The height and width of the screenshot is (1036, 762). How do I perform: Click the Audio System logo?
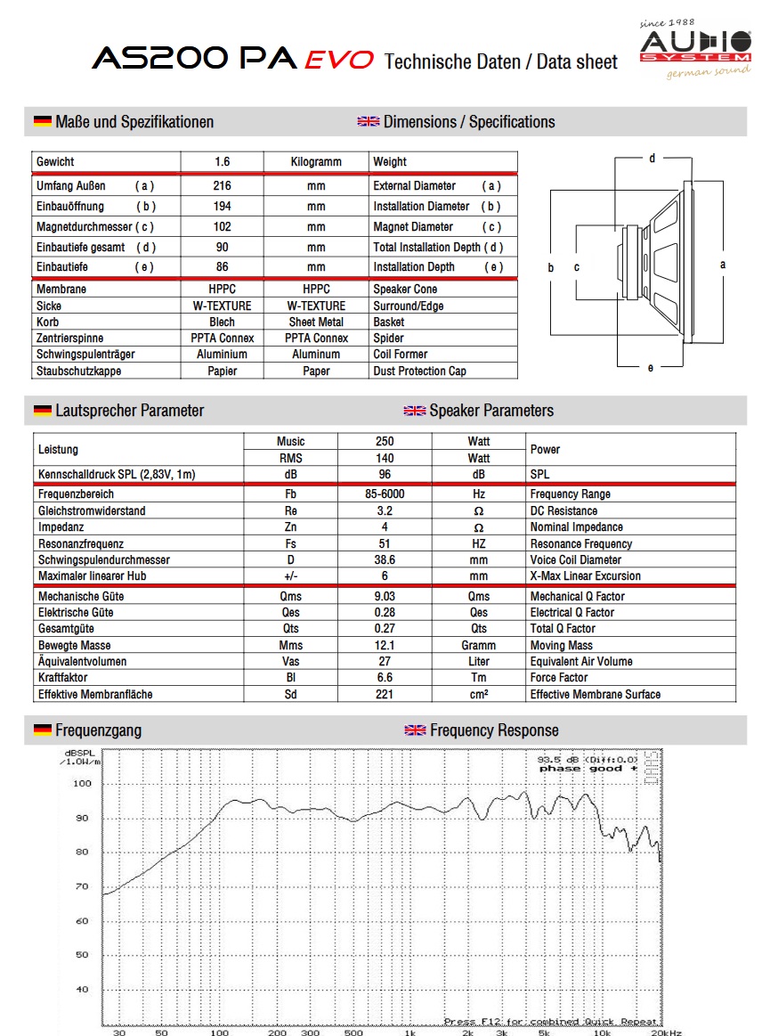tap(695, 47)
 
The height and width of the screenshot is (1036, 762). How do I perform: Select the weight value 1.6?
tap(222, 162)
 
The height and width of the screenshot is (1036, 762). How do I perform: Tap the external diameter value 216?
tap(222, 186)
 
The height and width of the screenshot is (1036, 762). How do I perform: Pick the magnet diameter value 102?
tap(222, 227)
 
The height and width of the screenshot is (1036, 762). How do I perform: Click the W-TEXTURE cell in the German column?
tap(222, 306)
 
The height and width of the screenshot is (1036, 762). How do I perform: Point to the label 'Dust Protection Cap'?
tap(419, 371)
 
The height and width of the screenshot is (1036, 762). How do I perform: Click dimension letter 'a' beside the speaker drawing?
tap(723, 265)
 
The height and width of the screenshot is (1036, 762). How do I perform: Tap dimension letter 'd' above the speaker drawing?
tap(652, 159)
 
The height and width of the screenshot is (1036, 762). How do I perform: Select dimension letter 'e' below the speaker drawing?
tap(651, 367)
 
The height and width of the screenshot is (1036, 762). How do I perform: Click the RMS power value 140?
tap(385, 458)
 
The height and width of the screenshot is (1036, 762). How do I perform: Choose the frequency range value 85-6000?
tap(385, 494)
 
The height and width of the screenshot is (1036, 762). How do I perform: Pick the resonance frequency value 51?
tap(385, 543)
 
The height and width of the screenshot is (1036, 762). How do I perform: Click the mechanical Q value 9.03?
tap(385, 596)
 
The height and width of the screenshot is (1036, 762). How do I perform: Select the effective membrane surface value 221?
tap(385, 694)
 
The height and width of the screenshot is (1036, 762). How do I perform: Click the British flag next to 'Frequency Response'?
tap(415, 730)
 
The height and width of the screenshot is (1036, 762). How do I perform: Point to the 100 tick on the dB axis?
tap(82, 784)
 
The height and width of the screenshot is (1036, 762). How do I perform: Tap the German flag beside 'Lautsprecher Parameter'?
tap(42, 411)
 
